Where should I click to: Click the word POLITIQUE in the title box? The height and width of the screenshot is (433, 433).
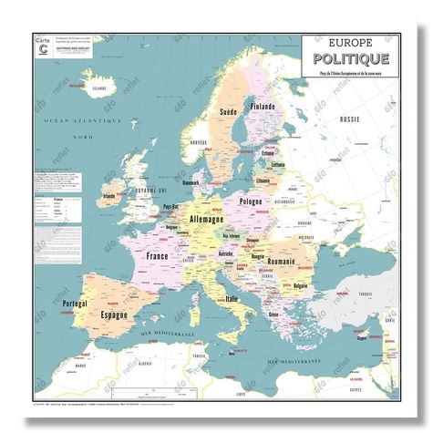(x=348, y=58)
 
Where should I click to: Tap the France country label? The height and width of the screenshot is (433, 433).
(x=157, y=257)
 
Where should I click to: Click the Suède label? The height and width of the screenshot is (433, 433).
(x=229, y=113)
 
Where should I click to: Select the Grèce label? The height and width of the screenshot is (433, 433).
(x=273, y=314)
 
